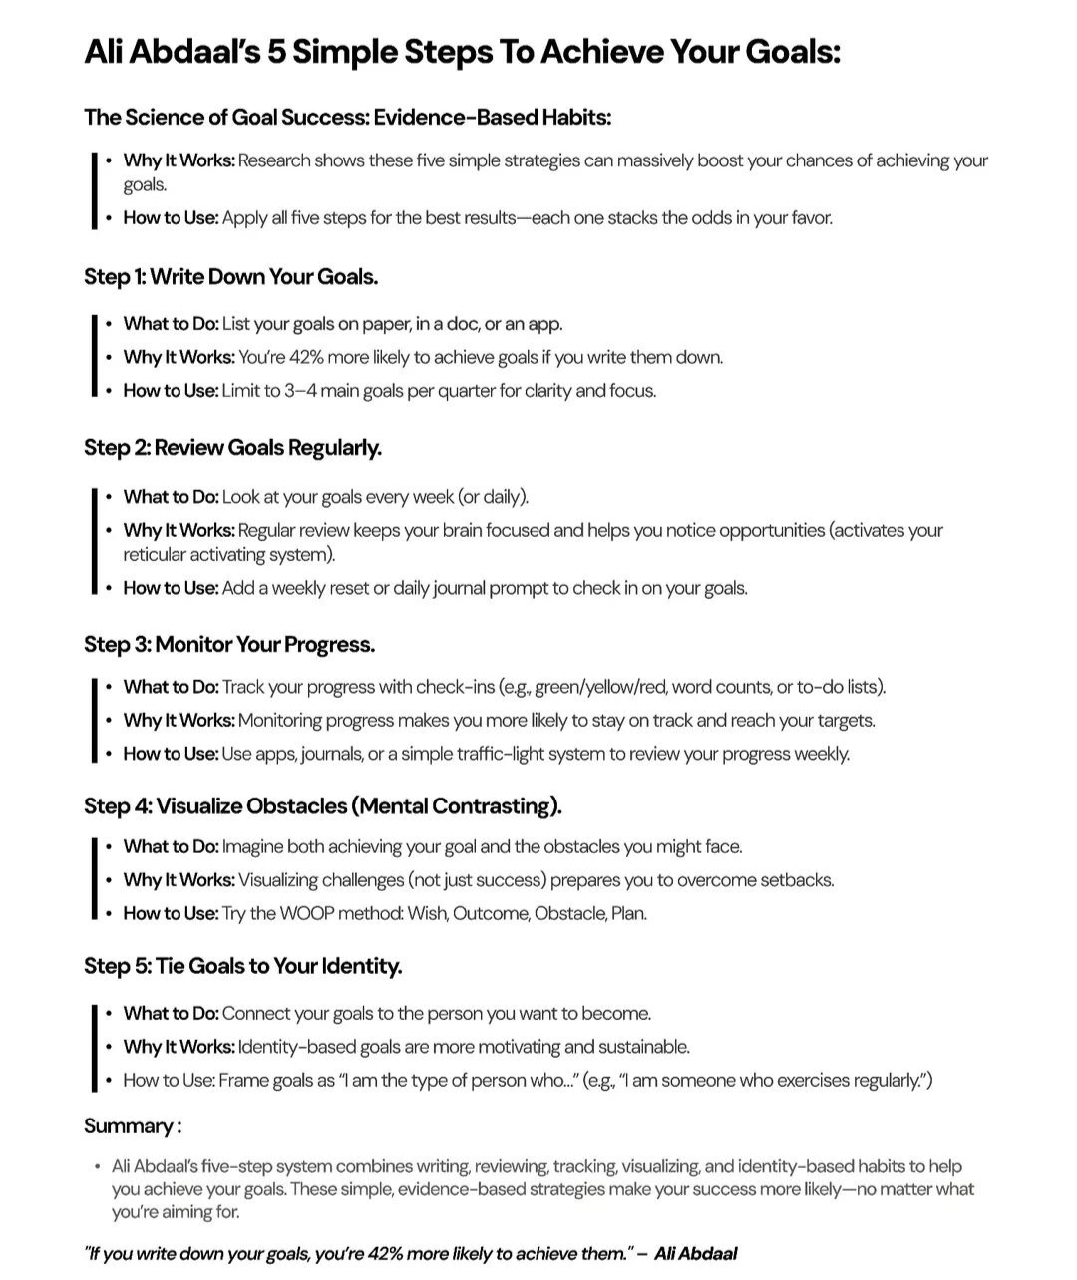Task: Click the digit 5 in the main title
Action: pos(276,52)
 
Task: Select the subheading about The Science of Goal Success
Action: pos(347,118)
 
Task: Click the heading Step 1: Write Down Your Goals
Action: pos(230,277)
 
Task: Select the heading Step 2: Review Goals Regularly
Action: pos(232,448)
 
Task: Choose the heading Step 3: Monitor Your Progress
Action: pos(229,645)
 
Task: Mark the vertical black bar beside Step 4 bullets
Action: pos(94,879)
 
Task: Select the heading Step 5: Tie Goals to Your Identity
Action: pos(242,966)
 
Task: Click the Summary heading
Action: pos(132,1126)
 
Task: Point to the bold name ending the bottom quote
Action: pos(695,1253)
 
